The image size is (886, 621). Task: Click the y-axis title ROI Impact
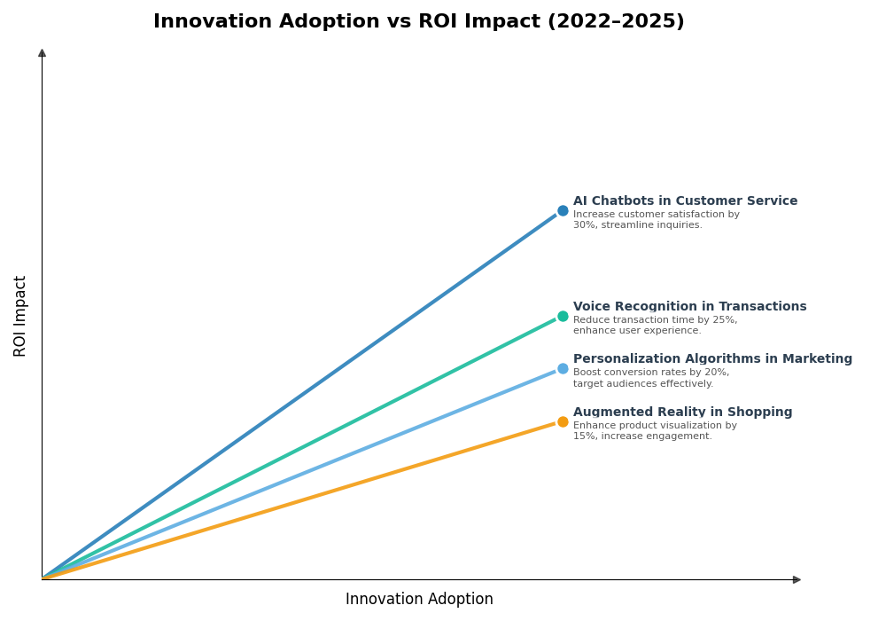tap(20, 316)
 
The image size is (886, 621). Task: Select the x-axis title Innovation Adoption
tap(419, 600)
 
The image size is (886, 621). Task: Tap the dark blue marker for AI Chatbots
tap(563, 211)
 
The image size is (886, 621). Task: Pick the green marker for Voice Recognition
tap(563, 317)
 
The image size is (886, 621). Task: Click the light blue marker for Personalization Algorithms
tap(563, 369)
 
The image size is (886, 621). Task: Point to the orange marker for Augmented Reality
tap(563, 422)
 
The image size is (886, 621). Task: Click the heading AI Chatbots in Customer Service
tap(685, 201)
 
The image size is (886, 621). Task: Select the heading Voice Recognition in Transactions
tap(689, 307)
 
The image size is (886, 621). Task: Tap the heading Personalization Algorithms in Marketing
tap(712, 359)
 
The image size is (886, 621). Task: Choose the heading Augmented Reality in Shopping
tap(682, 413)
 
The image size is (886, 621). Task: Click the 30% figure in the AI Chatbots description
tap(584, 225)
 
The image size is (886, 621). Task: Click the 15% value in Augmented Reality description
tap(584, 436)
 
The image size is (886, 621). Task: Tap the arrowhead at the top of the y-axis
tap(42, 53)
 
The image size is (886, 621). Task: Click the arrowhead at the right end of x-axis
tap(797, 580)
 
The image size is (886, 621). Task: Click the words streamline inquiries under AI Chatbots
tap(654, 225)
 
